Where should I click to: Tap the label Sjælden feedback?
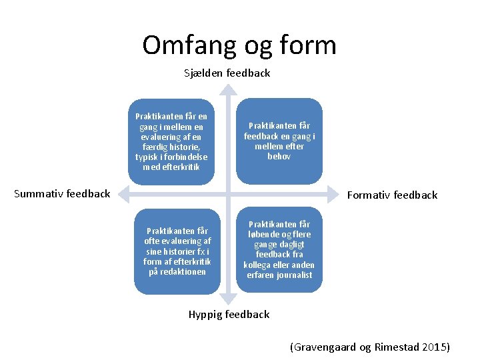point(227,73)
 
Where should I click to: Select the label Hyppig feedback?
point(229,314)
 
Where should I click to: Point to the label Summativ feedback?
point(63,194)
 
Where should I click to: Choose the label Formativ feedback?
point(392,195)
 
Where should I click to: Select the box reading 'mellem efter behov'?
point(279,141)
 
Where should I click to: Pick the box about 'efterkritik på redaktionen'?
point(177,251)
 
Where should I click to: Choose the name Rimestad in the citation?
point(393,347)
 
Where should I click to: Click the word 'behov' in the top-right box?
point(279,156)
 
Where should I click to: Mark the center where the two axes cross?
point(228,194)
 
